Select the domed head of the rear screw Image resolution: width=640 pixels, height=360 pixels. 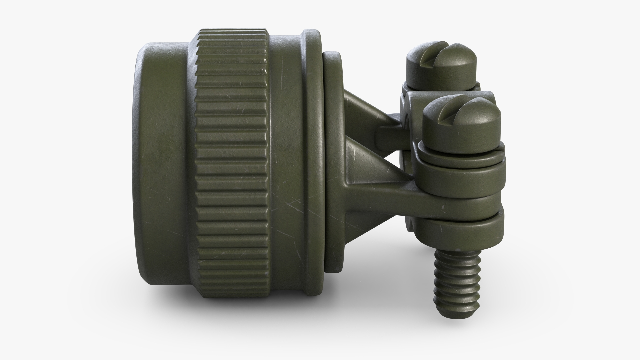click(453, 63)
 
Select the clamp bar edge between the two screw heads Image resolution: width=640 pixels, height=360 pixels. click(417, 98)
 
